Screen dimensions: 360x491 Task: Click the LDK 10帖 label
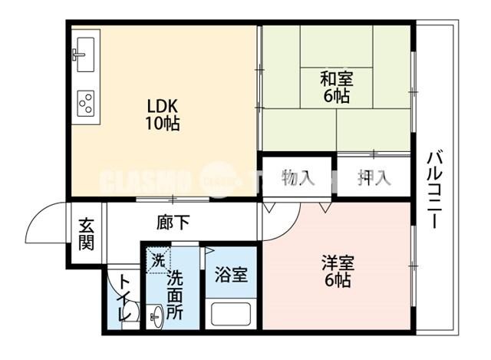click(x=162, y=114)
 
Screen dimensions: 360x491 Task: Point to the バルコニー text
click(x=433, y=189)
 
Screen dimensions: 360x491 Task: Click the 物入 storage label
click(x=298, y=178)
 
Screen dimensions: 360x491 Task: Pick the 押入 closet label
click(x=374, y=178)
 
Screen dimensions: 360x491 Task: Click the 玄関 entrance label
click(x=86, y=235)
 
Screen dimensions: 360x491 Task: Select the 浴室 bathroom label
click(x=230, y=274)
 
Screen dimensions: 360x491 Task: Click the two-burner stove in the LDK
click(x=85, y=101)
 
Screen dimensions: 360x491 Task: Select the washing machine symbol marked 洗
click(x=157, y=259)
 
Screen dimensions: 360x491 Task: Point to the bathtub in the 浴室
click(x=231, y=315)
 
